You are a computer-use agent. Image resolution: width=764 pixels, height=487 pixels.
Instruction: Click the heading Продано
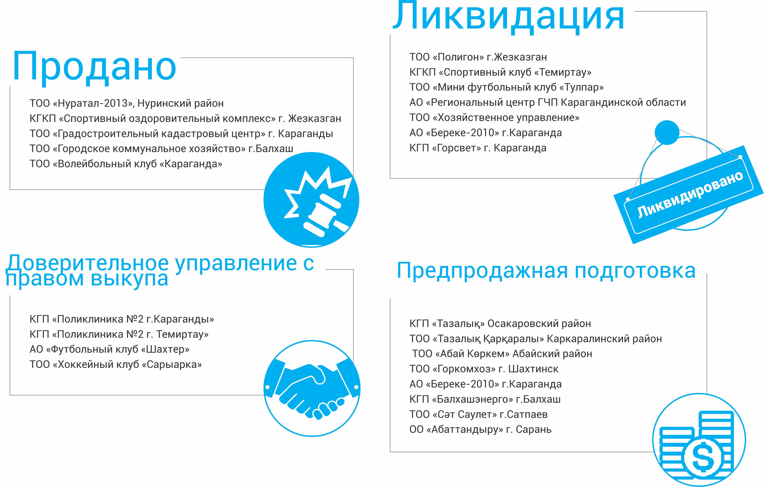point(94,67)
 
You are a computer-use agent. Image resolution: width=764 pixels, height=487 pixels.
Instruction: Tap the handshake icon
point(312,388)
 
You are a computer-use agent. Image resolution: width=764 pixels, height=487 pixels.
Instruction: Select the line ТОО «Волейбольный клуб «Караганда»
point(126,164)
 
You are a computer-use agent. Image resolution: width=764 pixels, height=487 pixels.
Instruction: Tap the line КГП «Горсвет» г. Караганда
point(478,148)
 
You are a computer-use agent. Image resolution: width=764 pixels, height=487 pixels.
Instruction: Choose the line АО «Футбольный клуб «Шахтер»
point(110,349)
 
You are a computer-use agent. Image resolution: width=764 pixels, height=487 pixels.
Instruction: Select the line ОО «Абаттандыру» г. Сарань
point(481,430)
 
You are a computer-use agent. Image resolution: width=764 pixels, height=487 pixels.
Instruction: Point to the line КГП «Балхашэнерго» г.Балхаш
point(485,399)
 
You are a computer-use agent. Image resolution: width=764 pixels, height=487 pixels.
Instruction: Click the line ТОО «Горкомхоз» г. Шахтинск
point(484,369)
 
